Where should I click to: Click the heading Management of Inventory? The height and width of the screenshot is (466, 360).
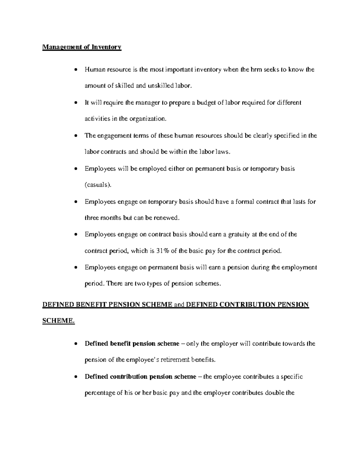[x=82, y=47]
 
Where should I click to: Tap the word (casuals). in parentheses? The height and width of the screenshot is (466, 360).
[x=98, y=185]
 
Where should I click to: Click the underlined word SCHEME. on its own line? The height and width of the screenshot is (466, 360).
[x=58, y=321]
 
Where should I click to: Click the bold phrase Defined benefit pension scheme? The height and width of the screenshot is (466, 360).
[x=132, y=344]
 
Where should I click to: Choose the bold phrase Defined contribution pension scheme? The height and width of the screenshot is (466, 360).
[x=140, y=377]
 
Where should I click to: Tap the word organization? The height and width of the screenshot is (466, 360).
[x=147, y=119]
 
